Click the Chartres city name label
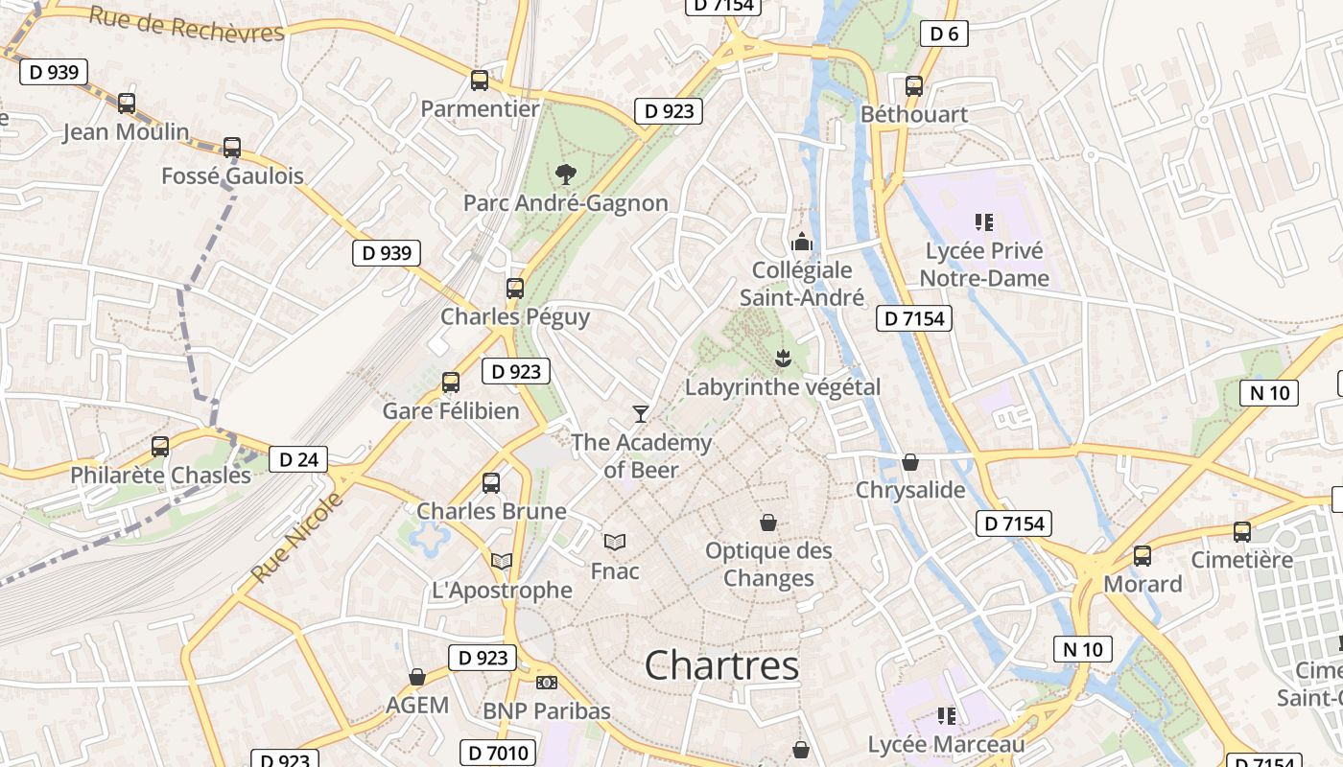721,665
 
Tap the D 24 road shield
297,459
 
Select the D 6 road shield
944,35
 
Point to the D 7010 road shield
498,753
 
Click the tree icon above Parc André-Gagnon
566,174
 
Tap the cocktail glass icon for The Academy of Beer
641,413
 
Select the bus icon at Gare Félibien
451,383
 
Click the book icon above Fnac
615,542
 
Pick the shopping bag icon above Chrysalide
910,462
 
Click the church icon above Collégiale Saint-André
802,242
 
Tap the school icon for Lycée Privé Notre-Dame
983,222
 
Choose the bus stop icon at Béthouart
914,85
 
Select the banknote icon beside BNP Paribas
547,682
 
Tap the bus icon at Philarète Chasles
160,447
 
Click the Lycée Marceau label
946,744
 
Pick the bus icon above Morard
1143,555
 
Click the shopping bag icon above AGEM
417,677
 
